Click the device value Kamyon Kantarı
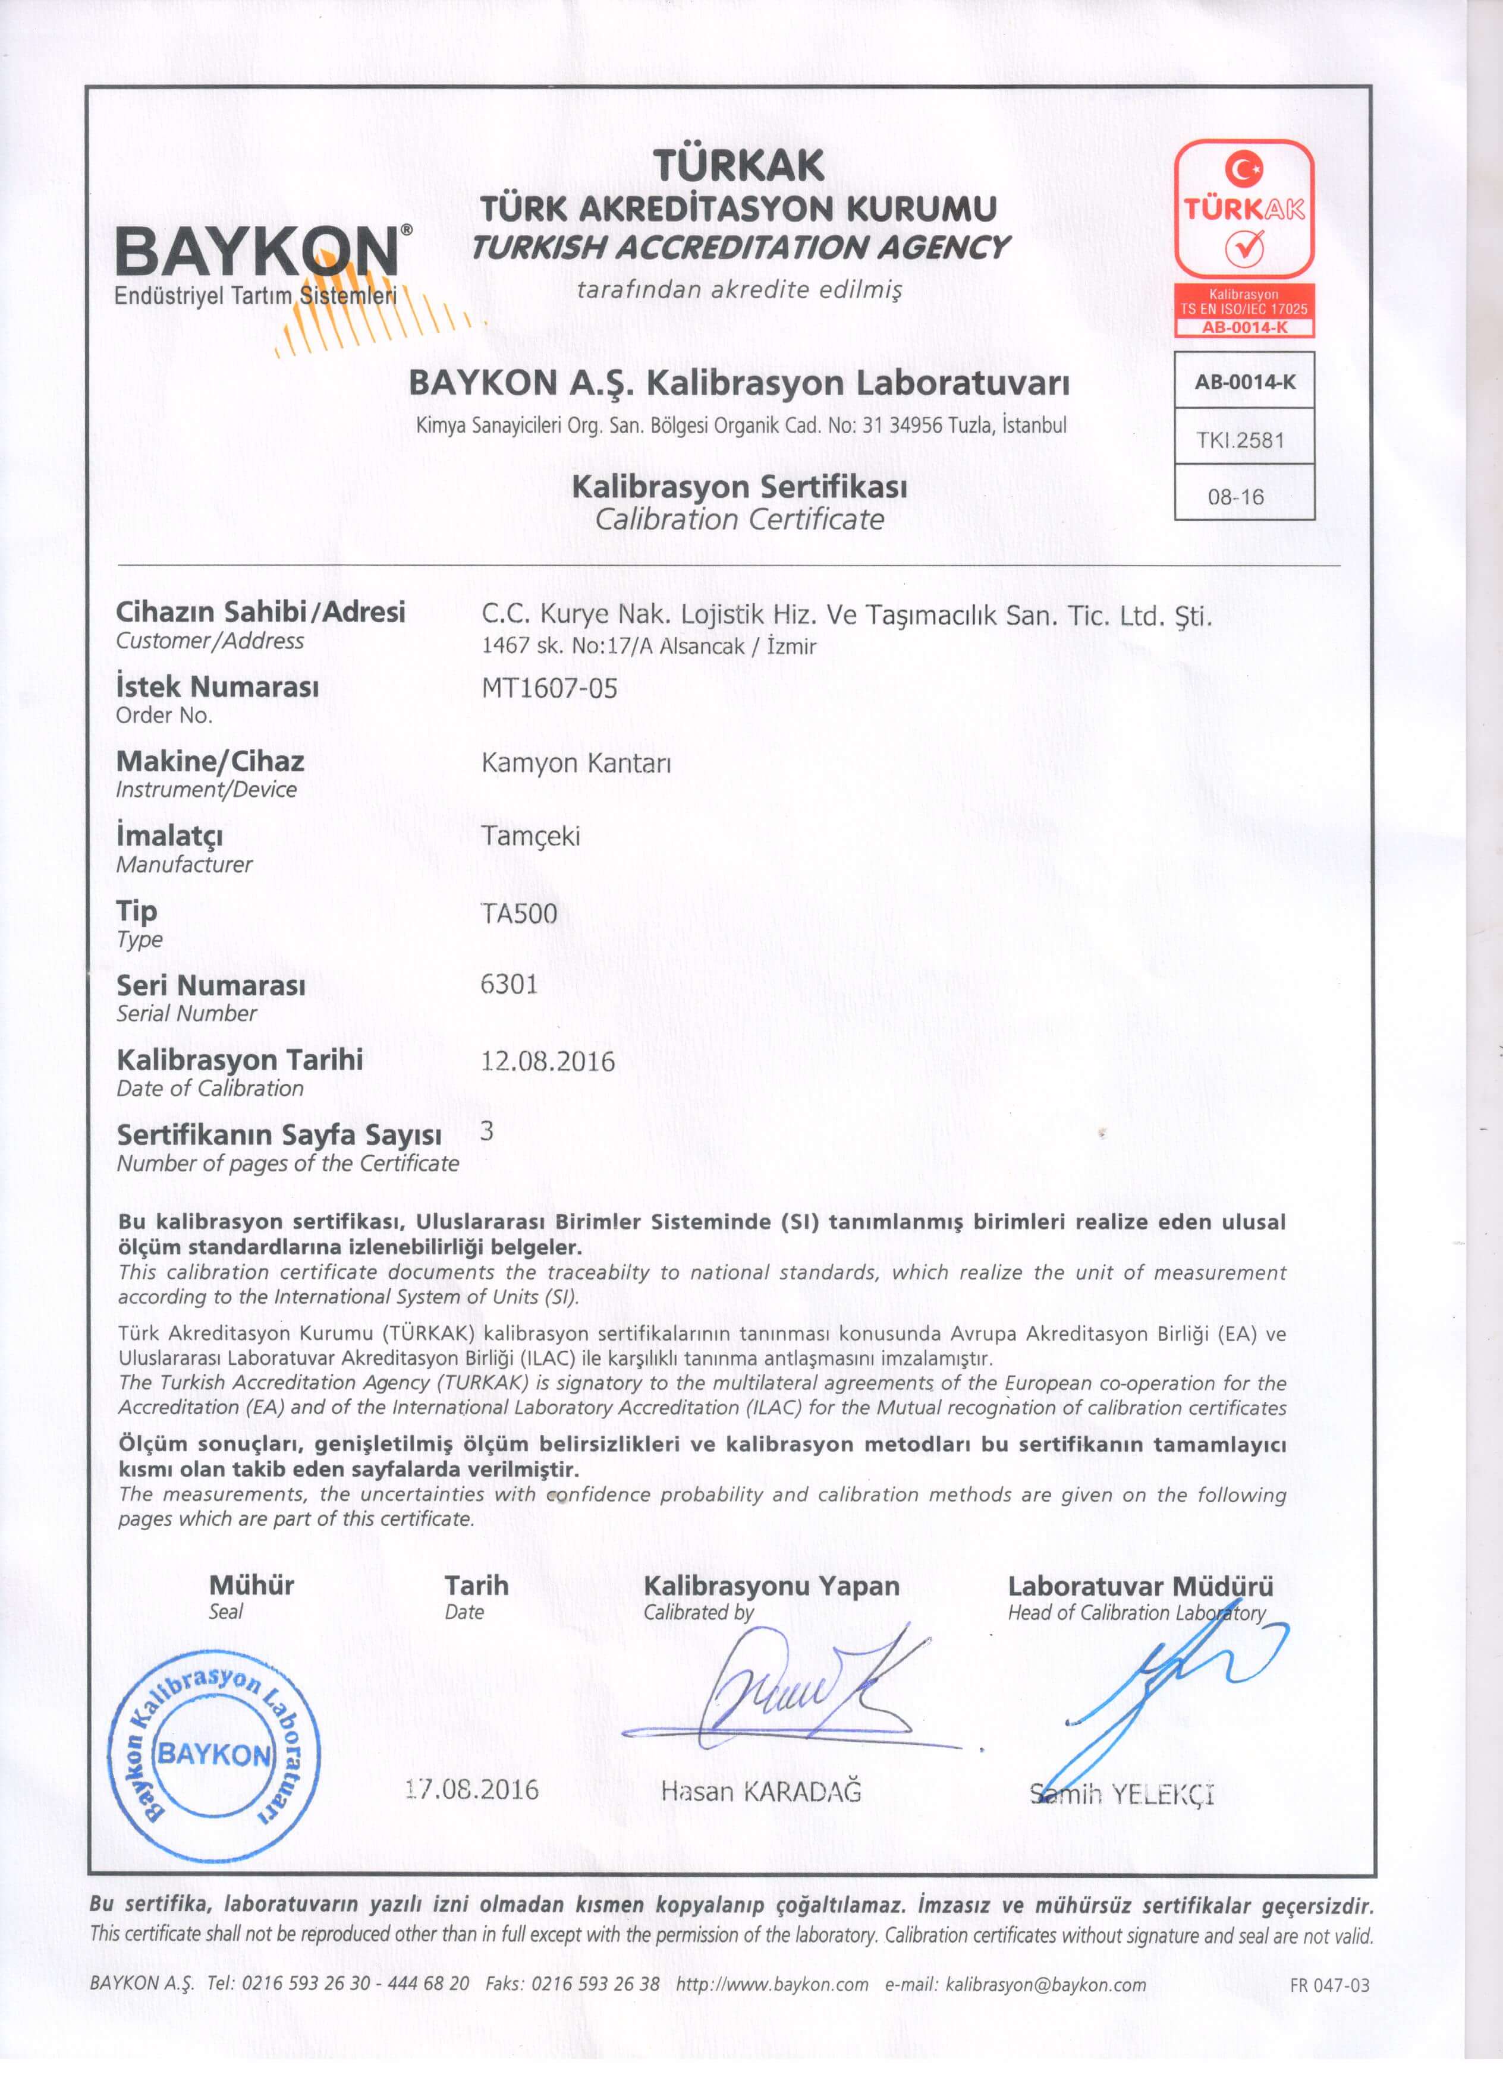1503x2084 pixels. [576, 764]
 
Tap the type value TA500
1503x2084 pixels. [520, 913]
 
